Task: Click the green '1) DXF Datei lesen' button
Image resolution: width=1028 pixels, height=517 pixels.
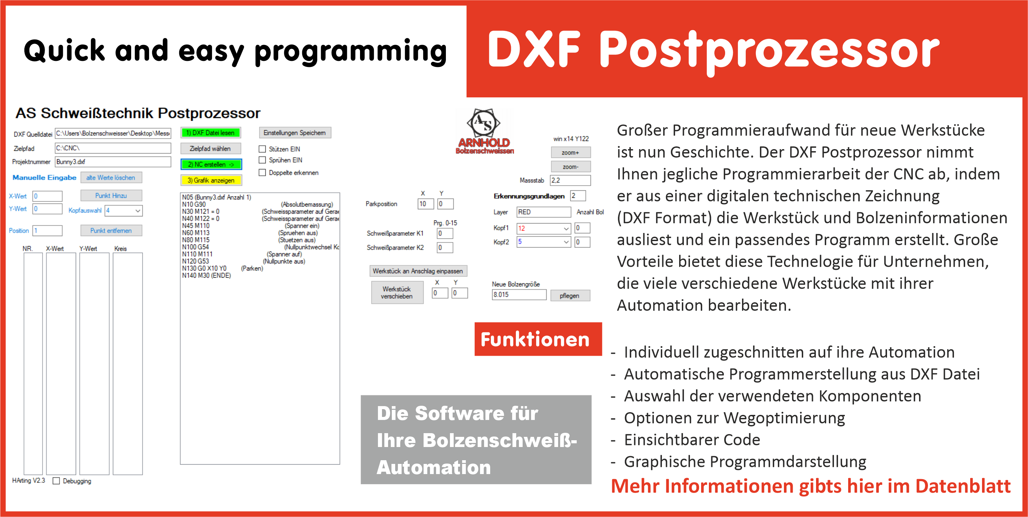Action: pos(210,133)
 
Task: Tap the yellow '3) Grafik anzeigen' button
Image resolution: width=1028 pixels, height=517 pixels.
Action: pos(211,180)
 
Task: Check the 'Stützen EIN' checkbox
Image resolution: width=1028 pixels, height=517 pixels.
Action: pos(262,149)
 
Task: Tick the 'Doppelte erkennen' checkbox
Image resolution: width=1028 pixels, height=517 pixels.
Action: pos(262,172)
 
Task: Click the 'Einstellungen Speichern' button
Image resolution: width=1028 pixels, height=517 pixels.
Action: pos(294,133)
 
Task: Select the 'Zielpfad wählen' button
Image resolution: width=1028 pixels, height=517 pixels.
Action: pos(210,148)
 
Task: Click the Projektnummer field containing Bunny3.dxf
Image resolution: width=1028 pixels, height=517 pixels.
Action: pos(113,162)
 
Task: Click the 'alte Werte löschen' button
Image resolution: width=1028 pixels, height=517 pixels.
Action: pos(111,177)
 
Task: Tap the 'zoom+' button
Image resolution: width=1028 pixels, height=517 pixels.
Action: pos(570,152)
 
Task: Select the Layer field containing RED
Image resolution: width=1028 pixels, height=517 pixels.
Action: pos(543,212)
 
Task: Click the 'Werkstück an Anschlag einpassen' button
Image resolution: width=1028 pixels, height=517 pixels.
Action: pos(417,271)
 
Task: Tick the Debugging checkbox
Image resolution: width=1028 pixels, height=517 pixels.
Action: pos(56,481)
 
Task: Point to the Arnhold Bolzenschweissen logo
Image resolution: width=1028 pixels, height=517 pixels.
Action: pos(484,131)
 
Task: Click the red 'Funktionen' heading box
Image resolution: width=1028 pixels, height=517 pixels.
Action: pos(537,339)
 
